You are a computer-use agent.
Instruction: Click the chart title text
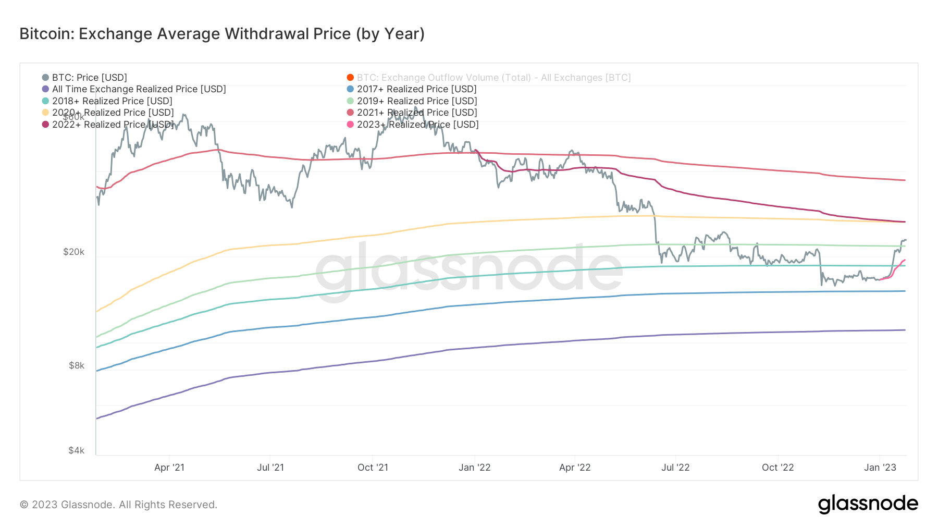pyautogui.click(x=222, y=34)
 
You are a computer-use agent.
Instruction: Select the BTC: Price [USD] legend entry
pyautogui.click(x=89, y=78)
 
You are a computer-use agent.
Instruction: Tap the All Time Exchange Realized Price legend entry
pyautogui.click(x=139, y=89)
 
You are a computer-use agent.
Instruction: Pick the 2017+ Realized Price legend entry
pyautogui.click(x=416, y=89)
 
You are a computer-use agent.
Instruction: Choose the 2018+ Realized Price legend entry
pyautogui.click(x=112, y=101)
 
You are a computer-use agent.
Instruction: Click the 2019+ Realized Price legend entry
pyautogui.click(x=416, y=101)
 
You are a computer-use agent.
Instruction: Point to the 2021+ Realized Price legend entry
pyautogui.click(x=416, y=113)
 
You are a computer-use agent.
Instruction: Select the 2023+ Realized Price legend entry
pyautogui.click(x=417, y=125)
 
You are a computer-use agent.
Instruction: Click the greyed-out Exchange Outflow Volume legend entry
pyautogui.click(x=493, y=78)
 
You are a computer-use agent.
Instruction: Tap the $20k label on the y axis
pyautogui.click(x=73, y=252)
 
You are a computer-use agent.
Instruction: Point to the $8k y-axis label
pyautogui.click(x=76, y=366)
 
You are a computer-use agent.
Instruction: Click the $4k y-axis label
pyautogui.click(x=76, y=450)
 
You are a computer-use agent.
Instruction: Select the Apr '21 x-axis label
pyautogui.click(x=169, y=468)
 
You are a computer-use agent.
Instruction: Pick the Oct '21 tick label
pyautogui.click(x=373, y=468)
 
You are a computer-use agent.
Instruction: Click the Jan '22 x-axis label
pyautogui.click(x=474, y=468)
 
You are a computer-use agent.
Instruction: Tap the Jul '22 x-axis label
pyautogui.click(x=675, y=468)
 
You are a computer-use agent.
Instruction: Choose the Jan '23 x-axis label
pyautogui.click(x=880, y=468)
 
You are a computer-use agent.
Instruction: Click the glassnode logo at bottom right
pyautogui.click(x=868, y=504)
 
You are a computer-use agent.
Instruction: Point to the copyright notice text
pyautogui.click(x=118, y=505)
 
